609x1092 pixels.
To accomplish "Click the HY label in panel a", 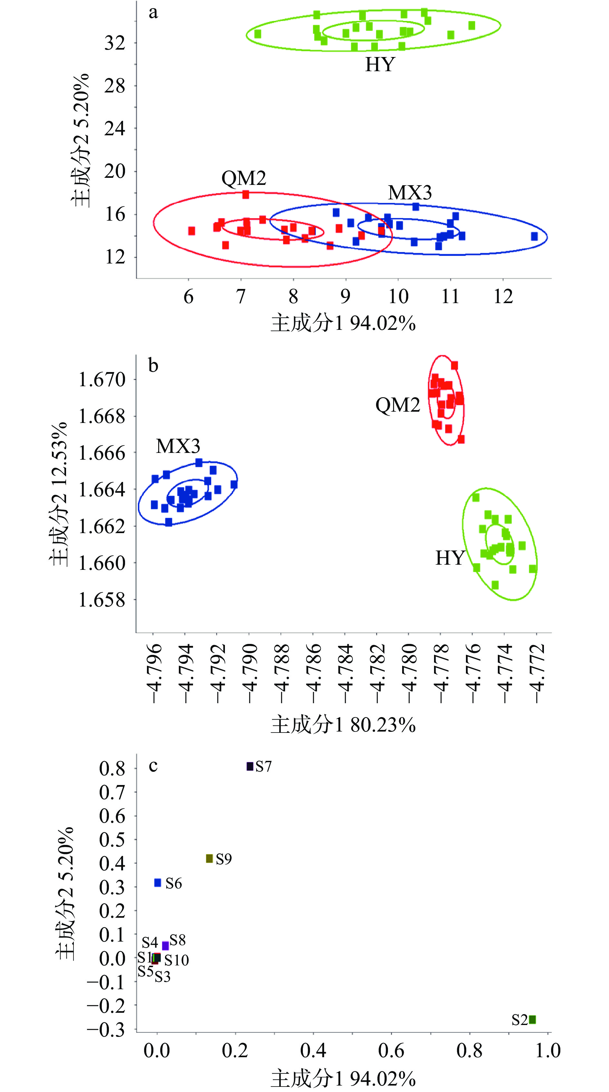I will click(x=380, y=64).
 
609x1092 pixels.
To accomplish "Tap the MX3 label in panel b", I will click(x=178, y=446).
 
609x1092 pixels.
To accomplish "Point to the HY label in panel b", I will click(x=450, y=558).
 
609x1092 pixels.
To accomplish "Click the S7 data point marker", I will click(x=250, y=766).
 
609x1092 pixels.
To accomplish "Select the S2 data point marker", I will click(x=532, y=1020).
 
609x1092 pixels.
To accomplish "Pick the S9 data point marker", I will click(x=209, y=858).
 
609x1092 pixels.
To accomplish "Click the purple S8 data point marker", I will click(x=165, y=945).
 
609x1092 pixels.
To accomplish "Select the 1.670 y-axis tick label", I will click(x=102, y=379).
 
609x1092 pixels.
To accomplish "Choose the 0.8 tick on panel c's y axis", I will click(x=112, y=768).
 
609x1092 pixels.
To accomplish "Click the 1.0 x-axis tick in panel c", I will click(x=547, y=1051).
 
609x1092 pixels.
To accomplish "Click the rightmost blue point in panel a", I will click(x=534, y=236).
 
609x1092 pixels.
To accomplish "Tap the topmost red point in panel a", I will click(x=246, y=195).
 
